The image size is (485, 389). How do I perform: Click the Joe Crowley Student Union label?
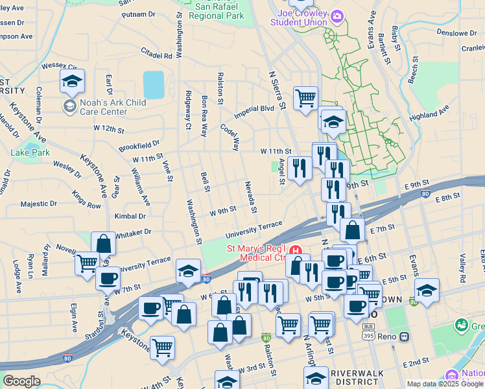click(x=302, y=18)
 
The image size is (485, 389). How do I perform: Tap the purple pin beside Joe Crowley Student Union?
click(x=337, y=16)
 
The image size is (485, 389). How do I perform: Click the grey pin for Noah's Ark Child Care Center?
click(x=69, y=104)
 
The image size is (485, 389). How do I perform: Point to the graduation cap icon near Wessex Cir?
click(x=72, y=81)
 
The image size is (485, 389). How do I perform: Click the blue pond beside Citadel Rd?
click(x=154, y=85)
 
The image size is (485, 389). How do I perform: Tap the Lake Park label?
click(x=30, y=152)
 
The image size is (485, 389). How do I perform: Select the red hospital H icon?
click(x=296, y=250)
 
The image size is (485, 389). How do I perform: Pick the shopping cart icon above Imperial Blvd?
click(x=305, y=99)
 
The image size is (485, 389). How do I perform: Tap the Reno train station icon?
click(x=405, y=336)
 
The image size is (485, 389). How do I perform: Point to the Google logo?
click(x=21, y=381)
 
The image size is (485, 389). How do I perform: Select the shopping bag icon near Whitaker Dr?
click(x=104, y=244)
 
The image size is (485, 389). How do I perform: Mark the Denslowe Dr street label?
click(x=456, y=32)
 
